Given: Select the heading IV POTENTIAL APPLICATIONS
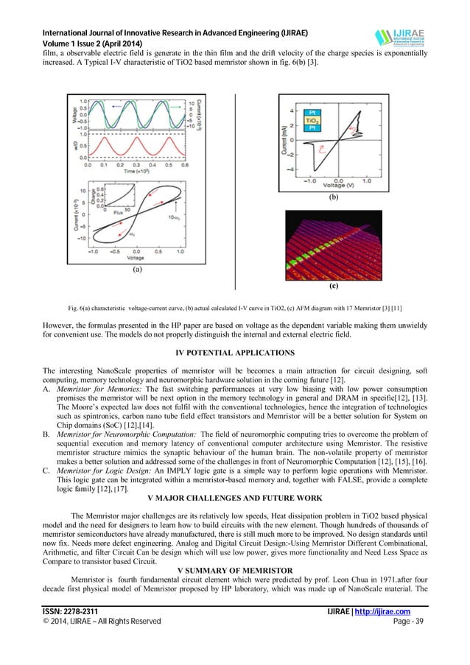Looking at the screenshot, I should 235,352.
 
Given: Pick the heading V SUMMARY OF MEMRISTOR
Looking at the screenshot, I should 235,570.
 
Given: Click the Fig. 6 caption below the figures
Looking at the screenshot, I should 234,306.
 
